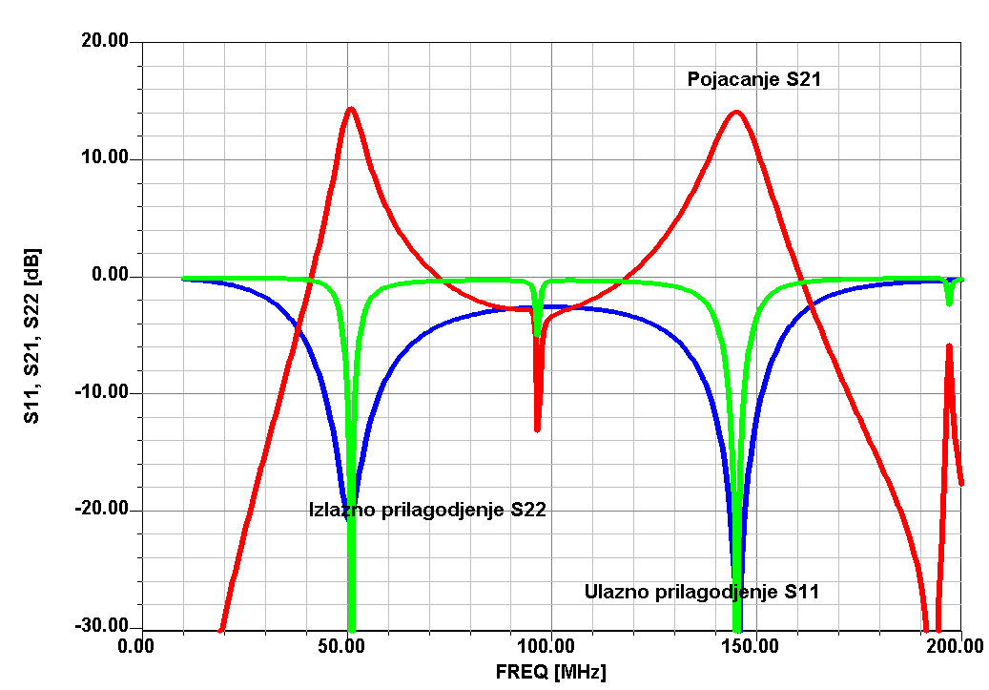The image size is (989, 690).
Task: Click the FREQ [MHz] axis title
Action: pos(550,673)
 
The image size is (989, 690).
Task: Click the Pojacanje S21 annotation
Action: pos(754,80)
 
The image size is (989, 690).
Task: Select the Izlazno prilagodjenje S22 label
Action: pos(427,510)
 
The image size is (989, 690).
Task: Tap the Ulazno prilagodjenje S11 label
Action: pos(701,593)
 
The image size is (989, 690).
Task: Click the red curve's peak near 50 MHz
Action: pos(351,109)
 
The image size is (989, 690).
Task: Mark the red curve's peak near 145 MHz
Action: pos(735,112)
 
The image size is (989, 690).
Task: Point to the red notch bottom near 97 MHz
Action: pos(538,429)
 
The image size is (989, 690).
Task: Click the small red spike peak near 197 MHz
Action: pos(949,345)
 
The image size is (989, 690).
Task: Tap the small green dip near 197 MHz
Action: pos(949,303)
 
